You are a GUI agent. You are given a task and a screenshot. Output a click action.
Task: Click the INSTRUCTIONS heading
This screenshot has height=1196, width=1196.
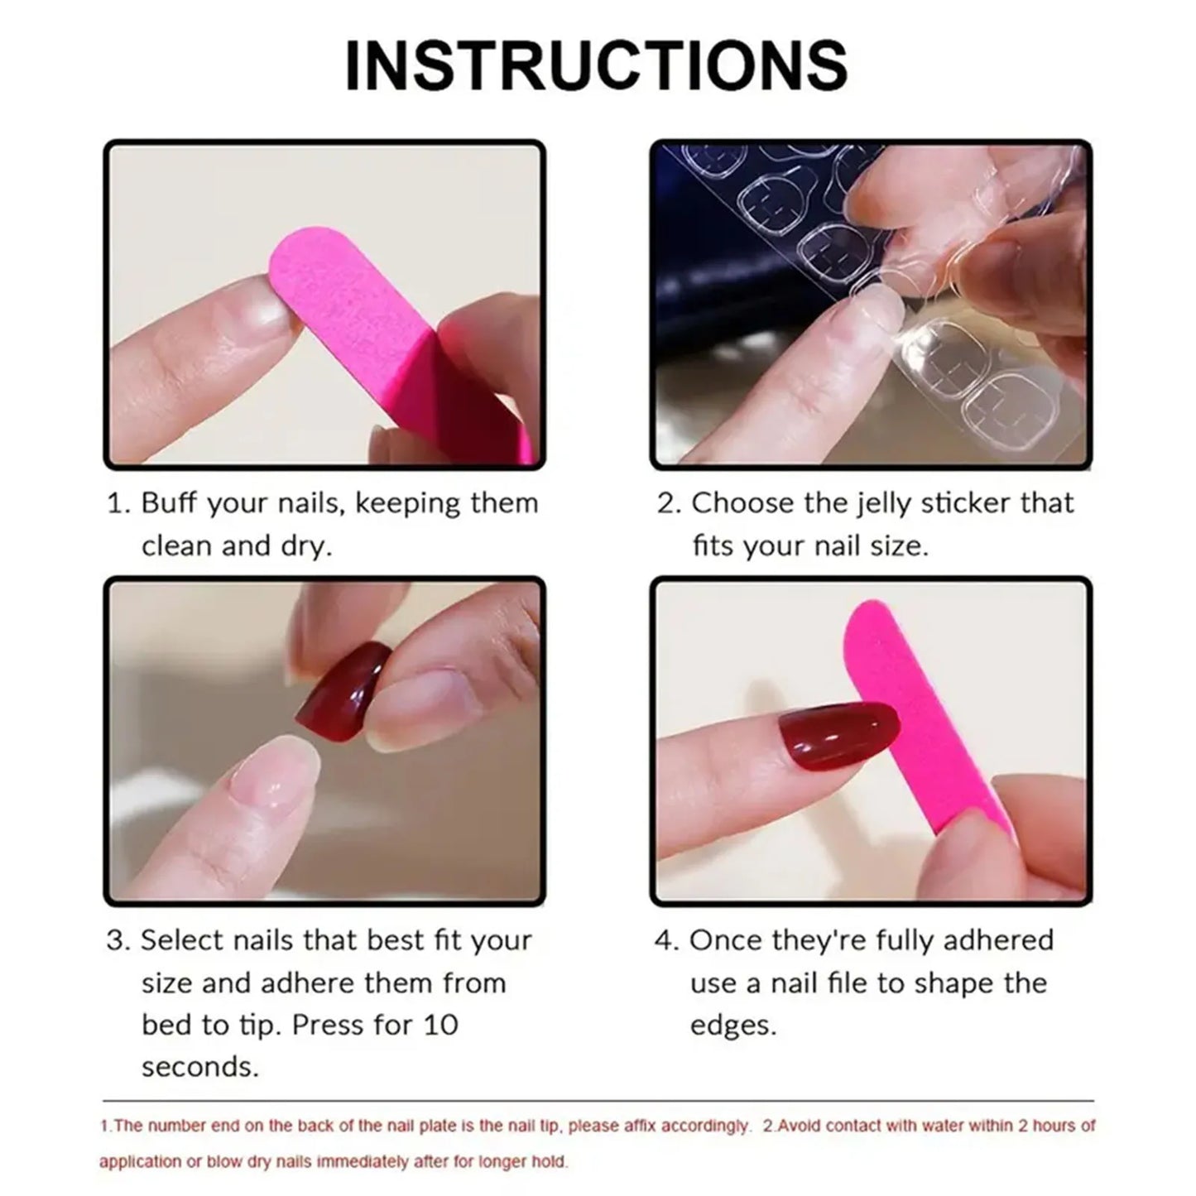pyautogui.click(x=596, y=66)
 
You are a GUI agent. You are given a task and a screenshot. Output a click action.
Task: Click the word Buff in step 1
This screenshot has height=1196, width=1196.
pyautogui.click(x=170, y=503)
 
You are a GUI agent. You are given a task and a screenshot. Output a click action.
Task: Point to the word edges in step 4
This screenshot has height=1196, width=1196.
pyautogui.click(x=732, y=1026)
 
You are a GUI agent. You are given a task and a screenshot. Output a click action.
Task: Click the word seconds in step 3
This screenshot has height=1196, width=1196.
pyautogui.click(x=199, y=1067)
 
